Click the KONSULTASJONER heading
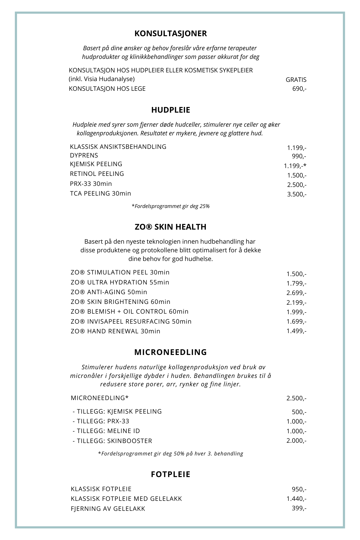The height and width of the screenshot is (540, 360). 170,33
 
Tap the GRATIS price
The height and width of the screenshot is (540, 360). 296,80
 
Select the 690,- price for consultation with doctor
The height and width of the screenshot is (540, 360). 299,89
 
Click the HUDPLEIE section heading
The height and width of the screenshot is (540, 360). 171,110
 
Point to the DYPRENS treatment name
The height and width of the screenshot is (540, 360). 84,155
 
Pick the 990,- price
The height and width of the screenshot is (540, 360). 299,156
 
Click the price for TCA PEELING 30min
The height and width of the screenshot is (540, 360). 297,194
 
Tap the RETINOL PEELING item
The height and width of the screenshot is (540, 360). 97,174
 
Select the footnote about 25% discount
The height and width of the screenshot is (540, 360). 170,206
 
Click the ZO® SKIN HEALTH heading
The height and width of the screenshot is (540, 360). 170,227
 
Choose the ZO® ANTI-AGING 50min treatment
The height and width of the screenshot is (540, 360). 109,292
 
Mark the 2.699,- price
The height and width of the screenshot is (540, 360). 296,293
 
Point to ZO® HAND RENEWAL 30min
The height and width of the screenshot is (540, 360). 115,331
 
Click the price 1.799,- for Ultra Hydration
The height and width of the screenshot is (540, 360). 296,283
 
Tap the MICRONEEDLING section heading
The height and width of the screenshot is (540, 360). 170,352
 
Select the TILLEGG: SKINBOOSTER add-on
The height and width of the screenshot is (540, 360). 112,441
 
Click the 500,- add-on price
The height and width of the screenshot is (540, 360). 299,412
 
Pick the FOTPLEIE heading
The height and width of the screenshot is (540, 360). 171,474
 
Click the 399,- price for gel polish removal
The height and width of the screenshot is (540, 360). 299,508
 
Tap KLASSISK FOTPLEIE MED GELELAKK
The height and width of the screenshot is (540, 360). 126,499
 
